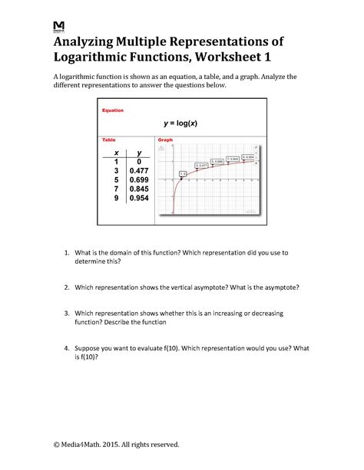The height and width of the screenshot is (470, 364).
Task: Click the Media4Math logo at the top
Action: [59, 27]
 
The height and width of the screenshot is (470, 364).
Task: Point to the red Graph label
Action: [166, 141]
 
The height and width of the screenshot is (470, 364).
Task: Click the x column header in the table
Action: [117, 153]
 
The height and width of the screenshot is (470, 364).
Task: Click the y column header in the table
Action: [139, 153]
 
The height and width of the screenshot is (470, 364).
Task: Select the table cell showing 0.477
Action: [139, 171]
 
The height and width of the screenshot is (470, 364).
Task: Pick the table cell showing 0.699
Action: [139, 180]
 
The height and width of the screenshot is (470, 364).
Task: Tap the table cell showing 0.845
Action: [139, 189]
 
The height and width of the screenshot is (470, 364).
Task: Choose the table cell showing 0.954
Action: [139, 199]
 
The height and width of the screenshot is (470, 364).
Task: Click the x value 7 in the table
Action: [117, 189]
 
